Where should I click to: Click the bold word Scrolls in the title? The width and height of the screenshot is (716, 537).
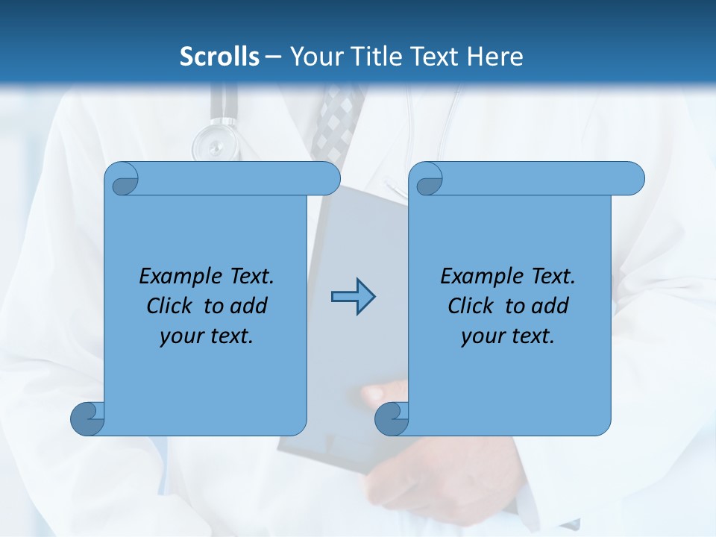coord(219,57)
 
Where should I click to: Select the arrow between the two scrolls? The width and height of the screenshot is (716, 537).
coord(353,297)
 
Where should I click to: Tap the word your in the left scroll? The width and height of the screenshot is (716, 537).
coord(181,336)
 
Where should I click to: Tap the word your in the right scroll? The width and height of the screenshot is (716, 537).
coord(483,336)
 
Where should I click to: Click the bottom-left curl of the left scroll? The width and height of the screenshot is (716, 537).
coord(87,418)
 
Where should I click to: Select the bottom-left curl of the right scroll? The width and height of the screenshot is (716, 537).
coord(392,418)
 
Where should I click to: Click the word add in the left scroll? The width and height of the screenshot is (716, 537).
coord(248,306)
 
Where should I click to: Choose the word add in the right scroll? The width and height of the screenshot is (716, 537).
coord(550,306)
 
